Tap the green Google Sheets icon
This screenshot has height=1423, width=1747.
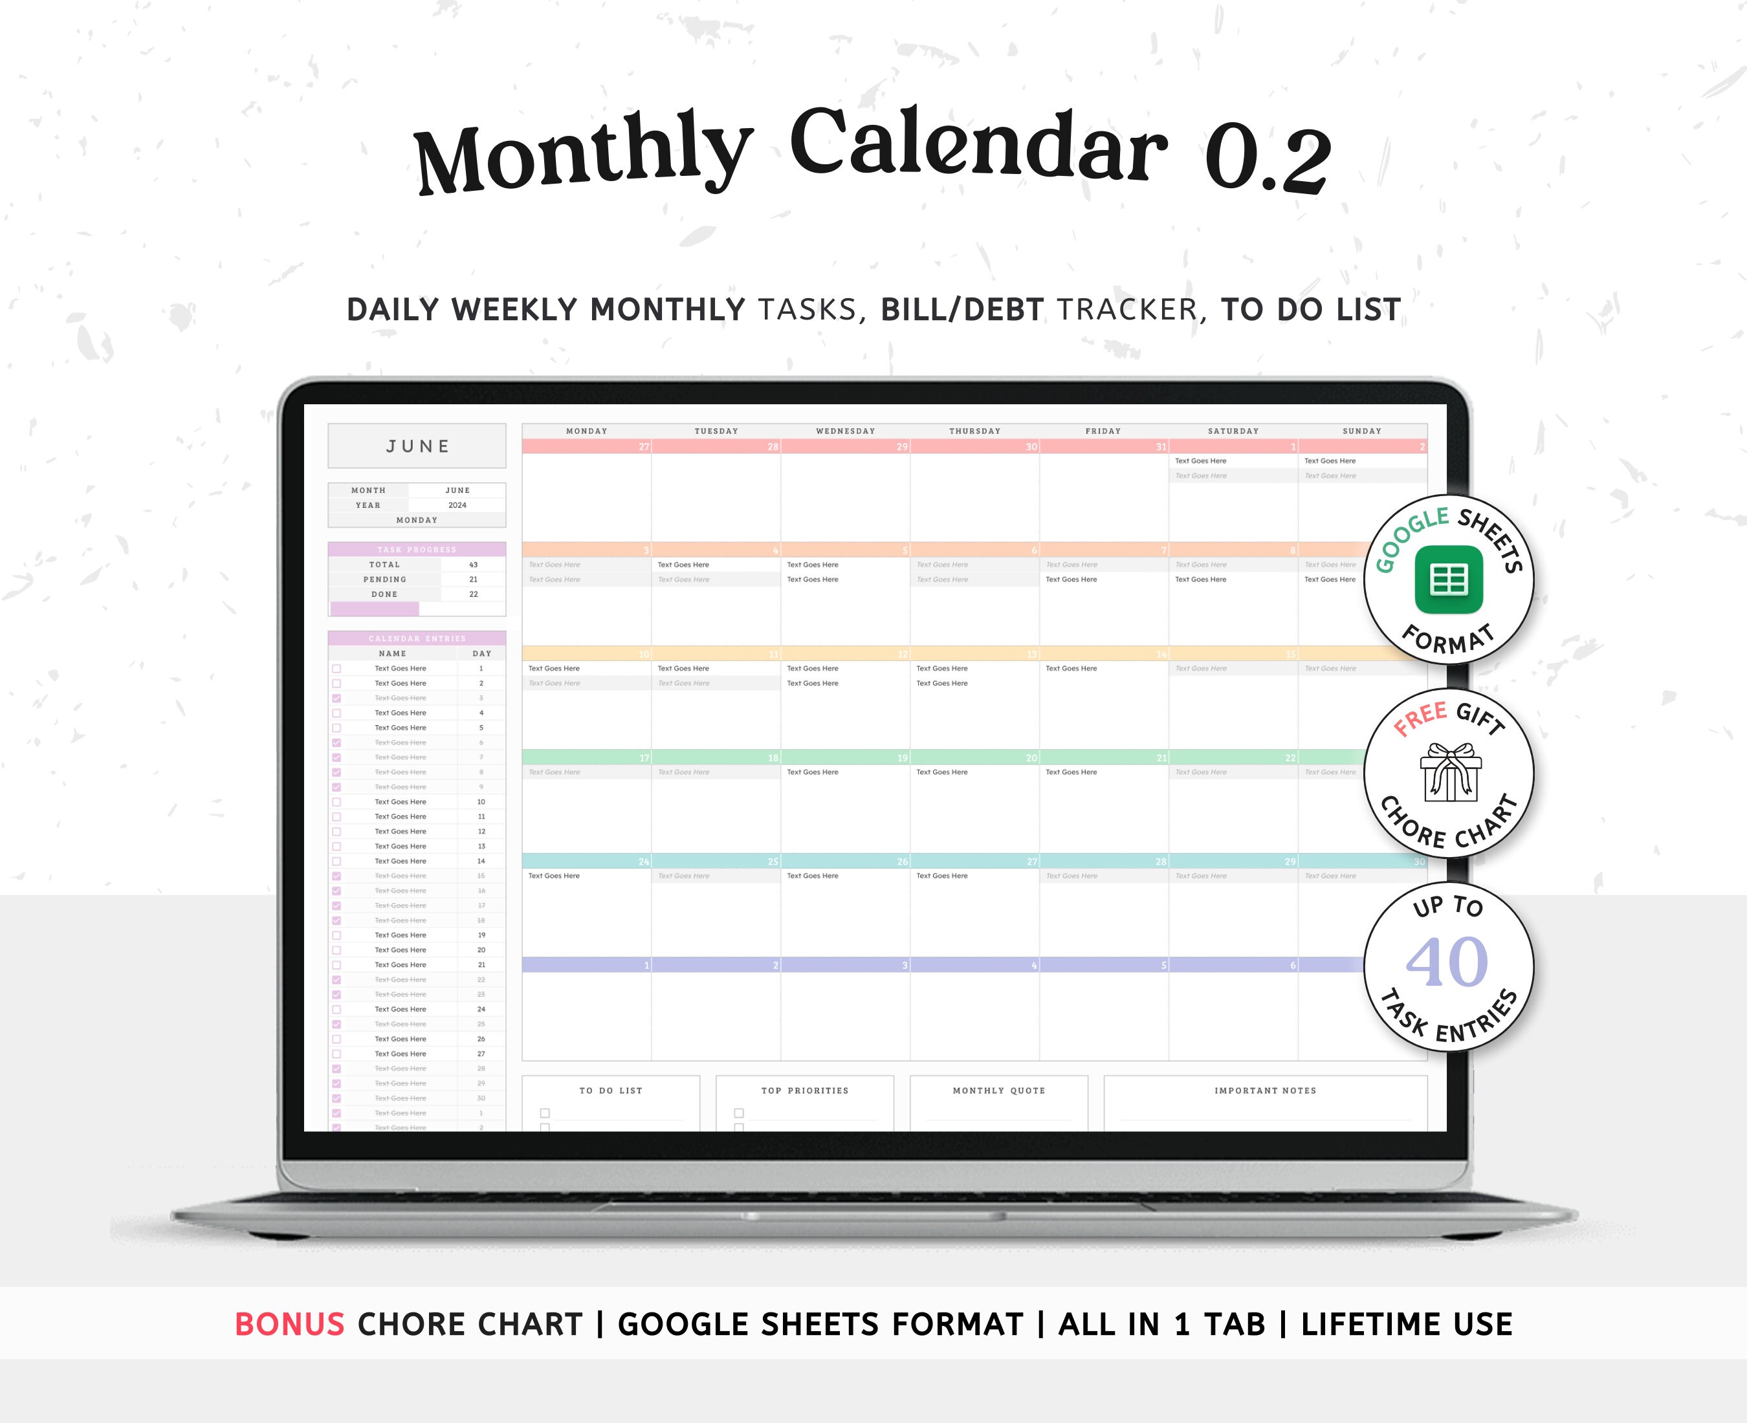tap(1449, 580)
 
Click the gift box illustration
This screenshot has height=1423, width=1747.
tap(1450, 772)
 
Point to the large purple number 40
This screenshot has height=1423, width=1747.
tap(1447, 962)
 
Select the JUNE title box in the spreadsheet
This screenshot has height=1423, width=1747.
tap(417, 446)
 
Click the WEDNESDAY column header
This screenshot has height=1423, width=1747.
tap(845, 431)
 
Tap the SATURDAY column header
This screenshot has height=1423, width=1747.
tap(1233, 431)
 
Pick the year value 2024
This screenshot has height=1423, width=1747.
tap(457, 505)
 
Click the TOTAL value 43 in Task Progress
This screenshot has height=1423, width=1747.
tap(473, 565)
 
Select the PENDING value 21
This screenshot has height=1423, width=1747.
tap(473, 580)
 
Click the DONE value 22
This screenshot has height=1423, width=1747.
tap(473, 594)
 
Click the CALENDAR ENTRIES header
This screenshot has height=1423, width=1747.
tap(417, 638)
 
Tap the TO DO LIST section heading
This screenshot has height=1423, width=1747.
tap(611, 1091)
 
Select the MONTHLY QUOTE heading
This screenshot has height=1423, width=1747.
tap(998, 1091)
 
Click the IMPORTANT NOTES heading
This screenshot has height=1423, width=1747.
tap(1265, 1091)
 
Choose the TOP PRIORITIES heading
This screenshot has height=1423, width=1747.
tap(804, 1091)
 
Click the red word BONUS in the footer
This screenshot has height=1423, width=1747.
tap(289, 1325)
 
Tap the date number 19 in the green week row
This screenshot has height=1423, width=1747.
tap(902, 758)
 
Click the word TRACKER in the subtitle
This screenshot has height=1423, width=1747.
tap(1127, 310)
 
